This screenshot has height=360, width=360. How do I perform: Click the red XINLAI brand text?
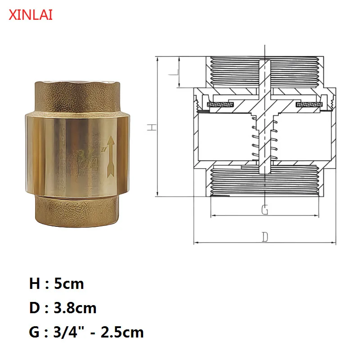(x=31, y=15)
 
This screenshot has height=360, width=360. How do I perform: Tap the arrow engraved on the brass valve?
(x=109, y=156)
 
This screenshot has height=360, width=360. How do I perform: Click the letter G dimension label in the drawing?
(x=265, y=210)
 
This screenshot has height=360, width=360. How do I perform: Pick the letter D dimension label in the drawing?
(x=265, y=237)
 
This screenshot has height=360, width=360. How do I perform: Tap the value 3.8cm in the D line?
(x=75, y=308)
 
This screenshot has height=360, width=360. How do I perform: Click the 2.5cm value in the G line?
(x=123, y=333)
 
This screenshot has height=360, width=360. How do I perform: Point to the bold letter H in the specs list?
(x=35, y=284)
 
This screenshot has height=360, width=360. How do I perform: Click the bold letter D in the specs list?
(x=35, y=308)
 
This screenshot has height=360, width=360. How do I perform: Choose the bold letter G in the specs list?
(x=35, y=333)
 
